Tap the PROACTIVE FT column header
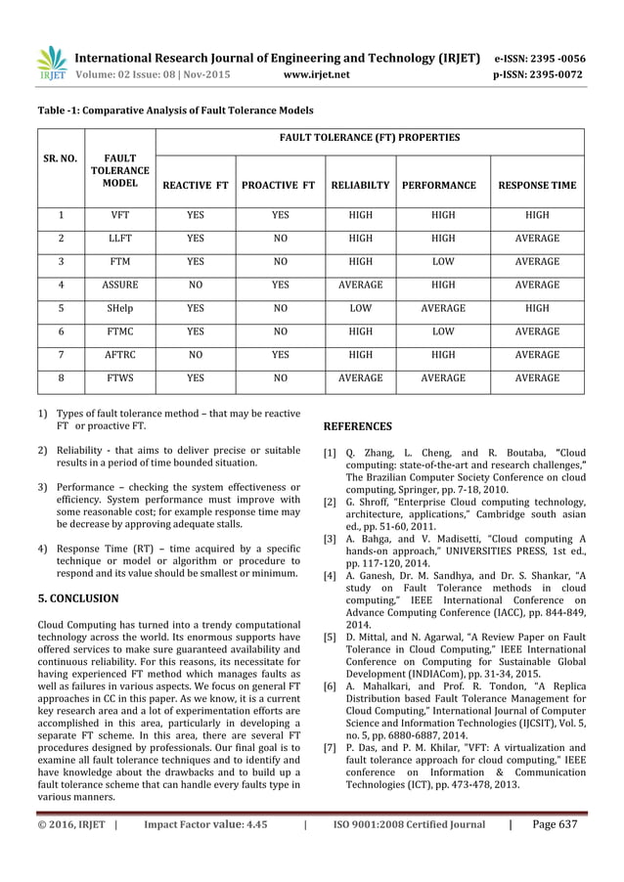(278, 184)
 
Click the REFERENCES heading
(357, 426)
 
